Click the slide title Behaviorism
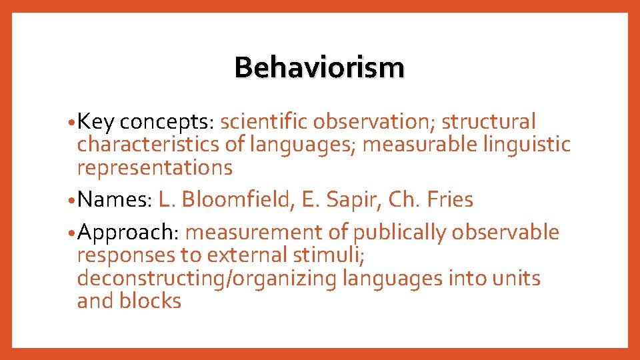tap(319, 67)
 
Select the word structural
tap(489, 123)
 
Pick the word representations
tap(155, 167)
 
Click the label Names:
tap(115, 199)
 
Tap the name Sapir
tap(351, 199)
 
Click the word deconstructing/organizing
tap(207, 278)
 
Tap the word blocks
tap(150, 301)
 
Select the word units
tap(517, 278)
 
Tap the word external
tap(249, 255)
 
